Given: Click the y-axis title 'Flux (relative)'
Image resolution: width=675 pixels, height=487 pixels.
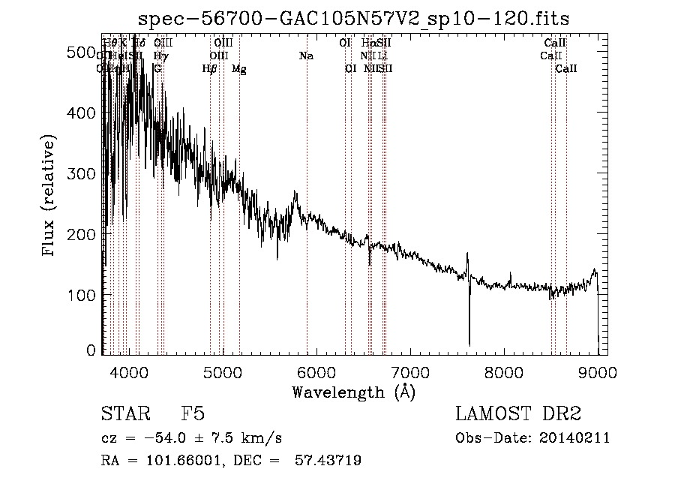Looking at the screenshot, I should pyautogui.click(x=49, y=197).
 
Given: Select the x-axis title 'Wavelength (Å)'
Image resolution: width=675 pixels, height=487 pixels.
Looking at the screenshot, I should pyautogui.click(x=353, y=392).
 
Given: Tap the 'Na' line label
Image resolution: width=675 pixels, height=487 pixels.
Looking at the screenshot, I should pyautogui.click(x=306, y=56).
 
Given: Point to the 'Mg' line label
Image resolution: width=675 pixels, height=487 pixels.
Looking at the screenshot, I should pyautogui.click(x=238, y=69).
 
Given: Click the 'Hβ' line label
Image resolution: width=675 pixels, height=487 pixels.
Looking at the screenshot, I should pyautogui.click(x=210, y=69).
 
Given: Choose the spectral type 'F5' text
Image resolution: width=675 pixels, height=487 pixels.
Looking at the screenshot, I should pyautogui.click(x=193, y=415).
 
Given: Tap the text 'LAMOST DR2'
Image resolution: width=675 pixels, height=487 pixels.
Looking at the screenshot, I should pyautogui.click(x=518, y=415).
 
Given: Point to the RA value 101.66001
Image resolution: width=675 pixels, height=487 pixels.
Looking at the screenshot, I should pyautogui.click(x=177, y=461).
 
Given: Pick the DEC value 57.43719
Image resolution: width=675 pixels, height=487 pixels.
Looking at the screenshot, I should pyautogui.click(x=331, y=461).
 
